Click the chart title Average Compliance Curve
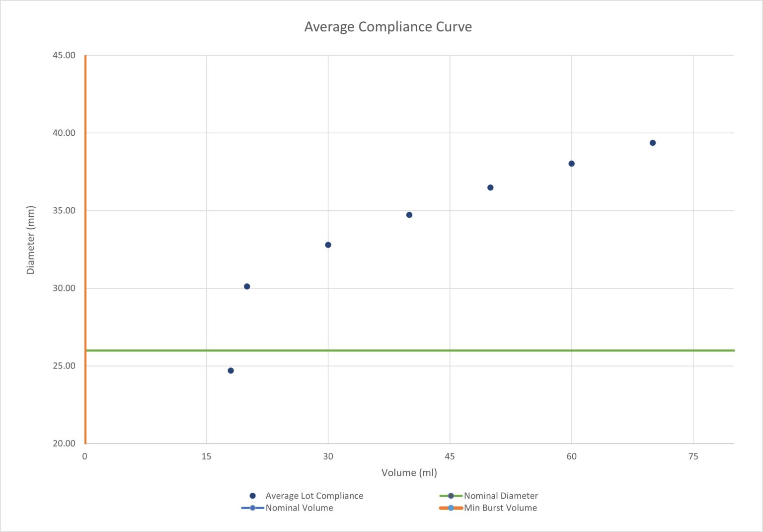[388, 27]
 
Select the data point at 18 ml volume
[230, 370]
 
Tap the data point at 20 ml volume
[247, 286]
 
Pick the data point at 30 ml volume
[328, 245]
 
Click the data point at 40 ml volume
[409, 215]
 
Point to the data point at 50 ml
[490, 187]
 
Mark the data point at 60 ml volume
[571, 164]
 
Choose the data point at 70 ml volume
[653, 143]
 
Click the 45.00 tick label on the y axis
[64, 55]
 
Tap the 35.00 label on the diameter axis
[64, 210]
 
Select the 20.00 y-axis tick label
[64, 443]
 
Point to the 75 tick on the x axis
[693, 456]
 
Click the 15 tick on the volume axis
[206, 456]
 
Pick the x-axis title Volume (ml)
[409, 472]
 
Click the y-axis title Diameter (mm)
[31, 240]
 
